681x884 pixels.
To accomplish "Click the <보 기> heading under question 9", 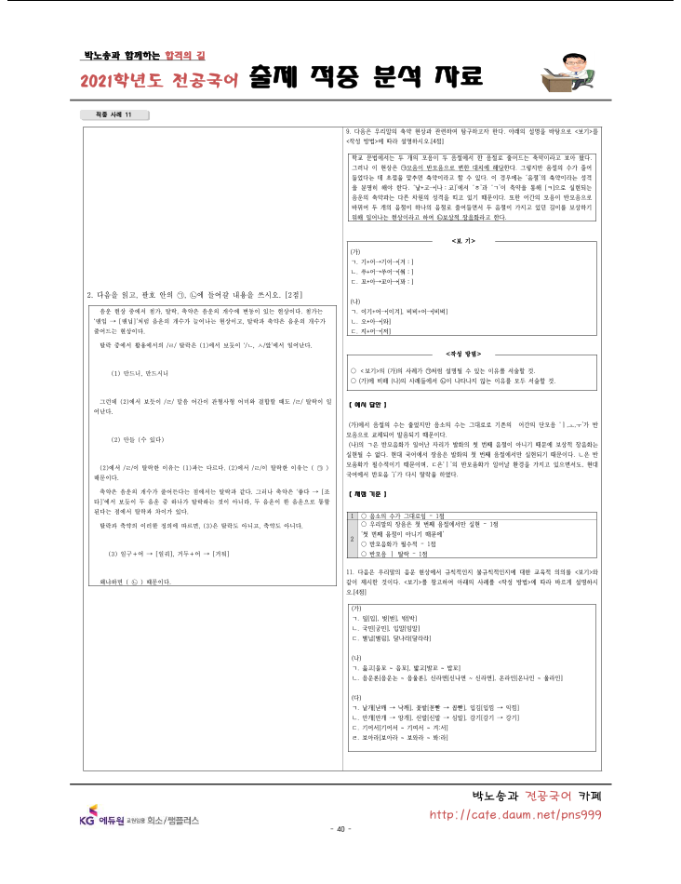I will point(463,240).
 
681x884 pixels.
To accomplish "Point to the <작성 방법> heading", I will point(463,355).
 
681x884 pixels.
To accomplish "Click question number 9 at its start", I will point(347,131).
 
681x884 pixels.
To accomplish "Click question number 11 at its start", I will point(348,570).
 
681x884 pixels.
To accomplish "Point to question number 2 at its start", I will point(88,295).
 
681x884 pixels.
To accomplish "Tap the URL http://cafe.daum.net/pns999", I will point(514,814).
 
